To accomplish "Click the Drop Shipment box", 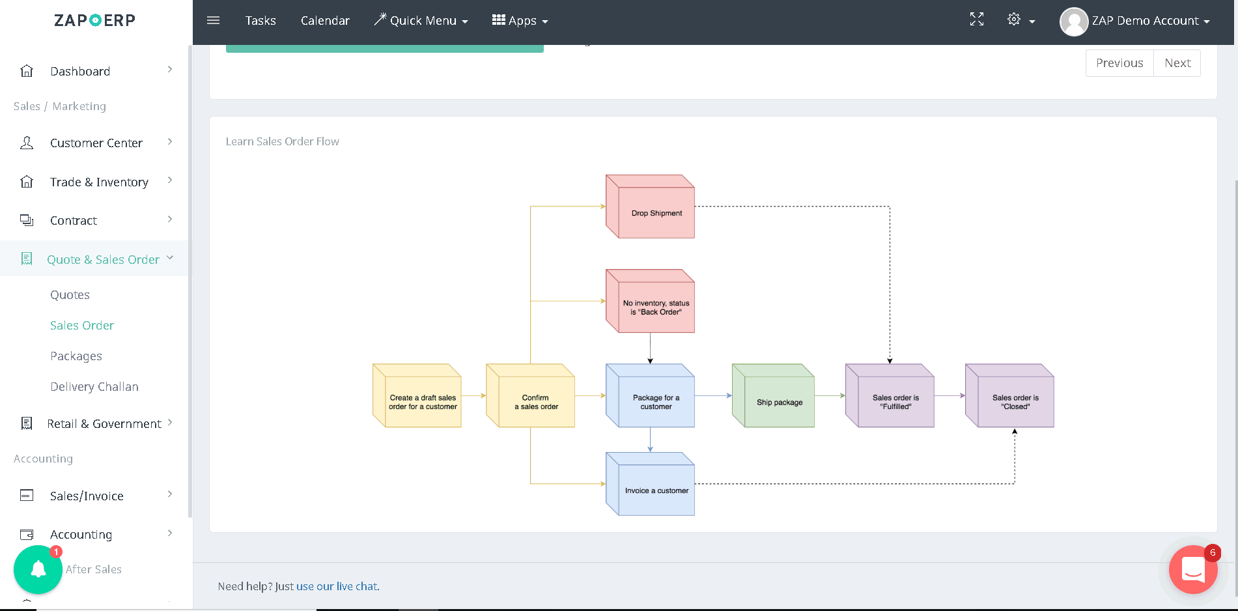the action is pos(650,206).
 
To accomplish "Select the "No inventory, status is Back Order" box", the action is pos(650,301).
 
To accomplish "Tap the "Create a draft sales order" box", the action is pos(417,395).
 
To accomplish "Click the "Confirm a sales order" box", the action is pos(530,395).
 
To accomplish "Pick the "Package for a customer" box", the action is pos(650,395).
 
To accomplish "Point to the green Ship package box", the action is pos(773,395).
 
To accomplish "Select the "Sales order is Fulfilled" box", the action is pos(890,395).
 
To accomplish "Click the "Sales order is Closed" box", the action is pos(1009,395).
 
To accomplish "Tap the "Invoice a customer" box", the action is pos(650,484).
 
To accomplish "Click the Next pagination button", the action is pos(1177,63).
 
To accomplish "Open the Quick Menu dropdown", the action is pos(421,20).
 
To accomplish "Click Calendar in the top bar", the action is pos(325,20).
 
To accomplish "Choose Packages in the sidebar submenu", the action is pos(76,356).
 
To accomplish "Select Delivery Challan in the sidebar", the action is pos(94,387).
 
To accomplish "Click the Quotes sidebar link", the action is pos(70,295).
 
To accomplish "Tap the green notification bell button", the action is pos(38,569).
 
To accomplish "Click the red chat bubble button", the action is pos(1193,569).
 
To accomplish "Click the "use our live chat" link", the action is pos(337,586).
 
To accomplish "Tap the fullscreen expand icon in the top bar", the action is pos(976,20).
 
